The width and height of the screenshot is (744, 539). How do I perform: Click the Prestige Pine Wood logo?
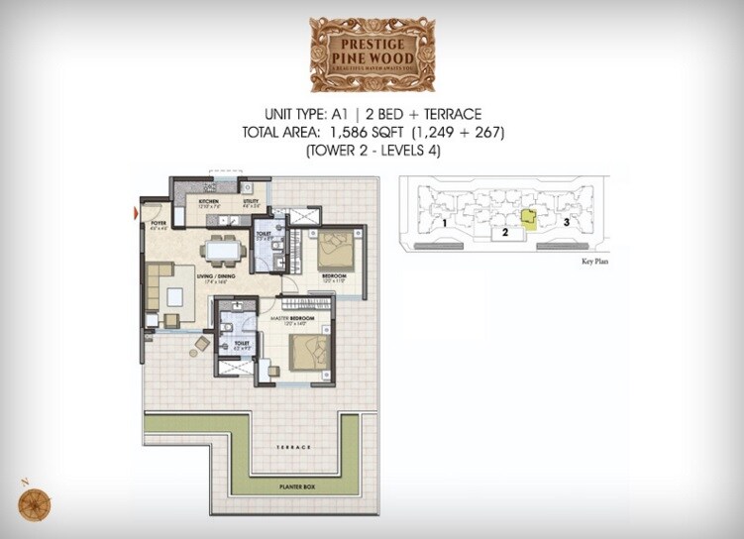372,54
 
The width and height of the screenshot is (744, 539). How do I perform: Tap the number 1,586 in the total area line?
357,131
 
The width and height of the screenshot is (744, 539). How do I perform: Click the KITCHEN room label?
208,201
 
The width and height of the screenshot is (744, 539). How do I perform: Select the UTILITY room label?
252,201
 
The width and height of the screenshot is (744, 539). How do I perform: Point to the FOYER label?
157,224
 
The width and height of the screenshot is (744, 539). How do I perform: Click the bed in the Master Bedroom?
306,349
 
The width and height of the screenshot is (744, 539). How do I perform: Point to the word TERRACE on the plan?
294,448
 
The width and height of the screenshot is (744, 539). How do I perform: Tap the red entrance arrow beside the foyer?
136,211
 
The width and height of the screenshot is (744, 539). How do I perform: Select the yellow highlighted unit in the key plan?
529,219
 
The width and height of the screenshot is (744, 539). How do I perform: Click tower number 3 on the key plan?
566,223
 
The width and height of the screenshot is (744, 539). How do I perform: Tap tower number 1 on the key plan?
447,224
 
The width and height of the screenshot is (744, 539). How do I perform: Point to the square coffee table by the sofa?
175,296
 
